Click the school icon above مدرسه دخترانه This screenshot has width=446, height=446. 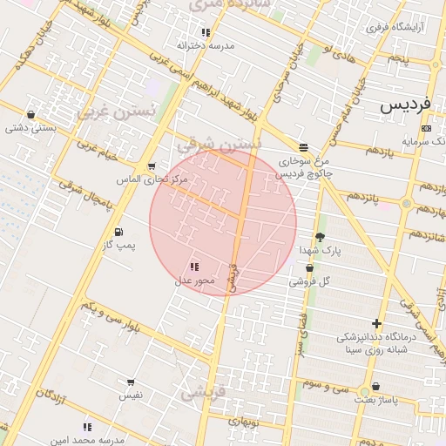pos(206,33)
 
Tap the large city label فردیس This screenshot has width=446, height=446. pos(406,105)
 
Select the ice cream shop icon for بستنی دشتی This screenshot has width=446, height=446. pos(31,114)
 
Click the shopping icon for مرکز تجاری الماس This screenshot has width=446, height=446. pos(152,166)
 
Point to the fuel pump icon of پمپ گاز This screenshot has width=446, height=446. pos(118,232)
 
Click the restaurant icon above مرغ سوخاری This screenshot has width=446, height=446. pos(302,147)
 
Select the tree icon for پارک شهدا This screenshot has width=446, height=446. pos(320,236)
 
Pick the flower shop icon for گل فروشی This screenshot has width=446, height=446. pos(309,268)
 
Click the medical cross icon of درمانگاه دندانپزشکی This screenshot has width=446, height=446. pos(376,323)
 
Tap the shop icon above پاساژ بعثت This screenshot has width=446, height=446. pos(375,386)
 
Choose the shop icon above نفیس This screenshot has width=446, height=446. pos(131,382)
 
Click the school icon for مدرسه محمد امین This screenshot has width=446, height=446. pos(86,427)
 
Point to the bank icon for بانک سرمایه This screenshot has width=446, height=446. pos(425,129)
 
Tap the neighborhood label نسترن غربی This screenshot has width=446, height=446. pos(116,111)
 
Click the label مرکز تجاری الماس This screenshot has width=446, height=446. pos(152,179)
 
